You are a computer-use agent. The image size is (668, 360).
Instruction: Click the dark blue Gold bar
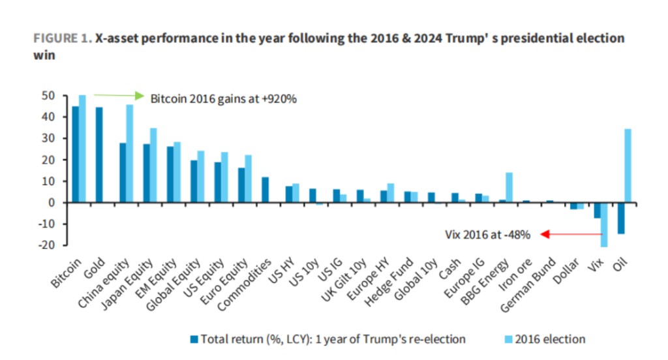pos(99,155)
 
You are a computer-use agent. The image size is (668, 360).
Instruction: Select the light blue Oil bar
pos(627,166)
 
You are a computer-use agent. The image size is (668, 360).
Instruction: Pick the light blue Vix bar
pos(604,224)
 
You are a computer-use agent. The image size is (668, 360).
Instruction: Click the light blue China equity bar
pos(130,153)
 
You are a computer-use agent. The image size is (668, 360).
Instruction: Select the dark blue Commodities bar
pos(265,190)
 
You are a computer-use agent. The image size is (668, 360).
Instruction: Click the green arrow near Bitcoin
pos(118,95)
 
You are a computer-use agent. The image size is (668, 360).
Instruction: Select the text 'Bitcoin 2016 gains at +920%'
pos(224,100)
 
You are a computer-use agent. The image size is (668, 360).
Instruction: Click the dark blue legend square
pos(194,339)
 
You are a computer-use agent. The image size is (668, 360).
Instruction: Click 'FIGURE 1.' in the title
pos(63,38)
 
